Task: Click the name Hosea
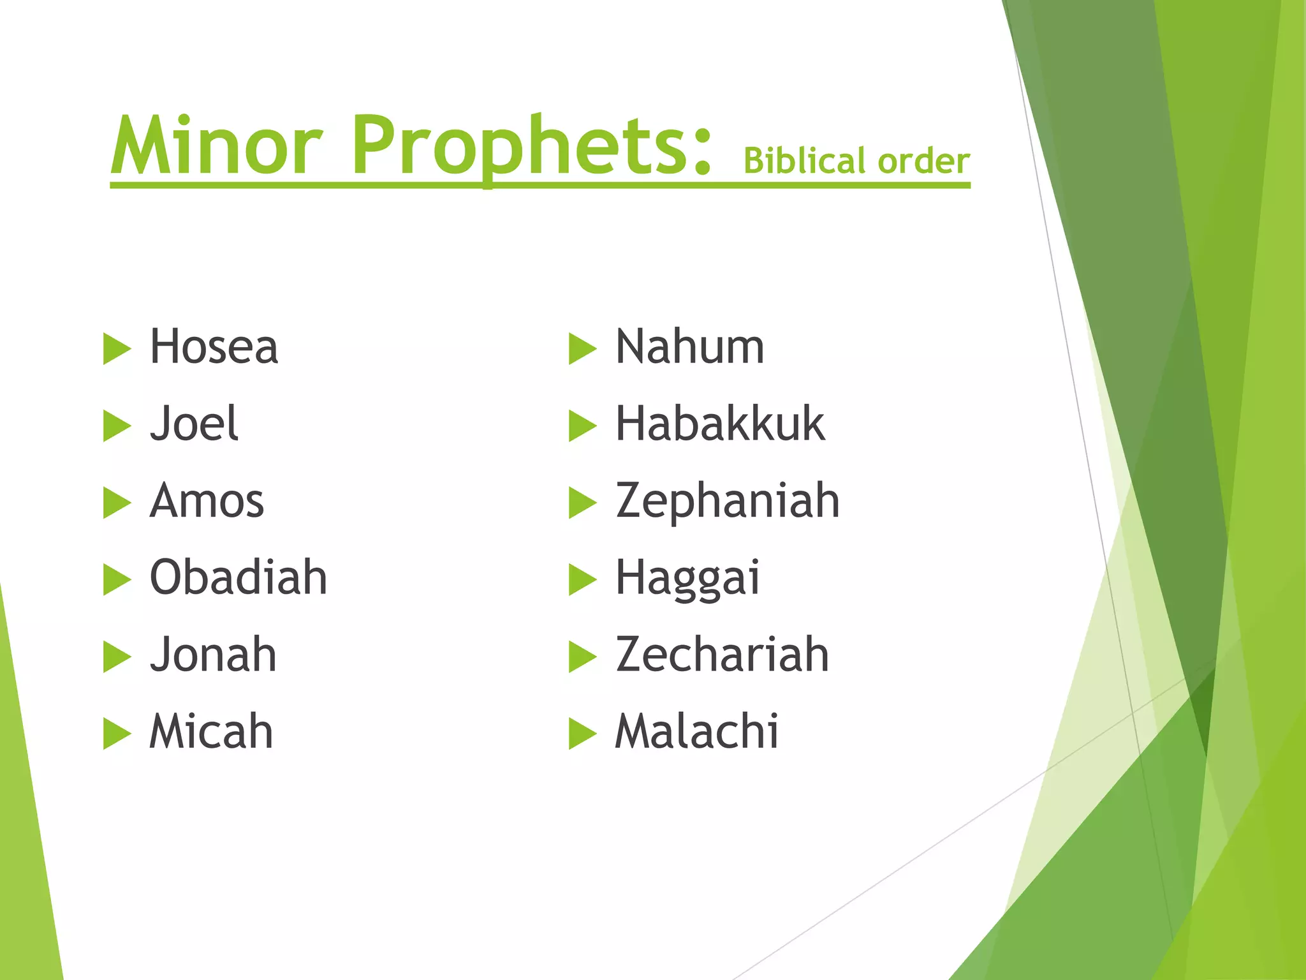[x=214, y=347]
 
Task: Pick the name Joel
[x=194, y=424]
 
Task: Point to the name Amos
[x=207, y=501]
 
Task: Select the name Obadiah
[x=238, y=577]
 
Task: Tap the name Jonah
[x=213, y=655]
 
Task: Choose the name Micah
[x=211, y=731]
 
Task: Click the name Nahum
[x=689, y=347]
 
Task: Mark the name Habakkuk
[x=720, y=424]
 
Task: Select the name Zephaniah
[x=727, y=501]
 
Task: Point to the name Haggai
[x=687, y=578]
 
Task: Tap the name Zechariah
[x=722, y=655]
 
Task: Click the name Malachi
[x=696, y=731]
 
